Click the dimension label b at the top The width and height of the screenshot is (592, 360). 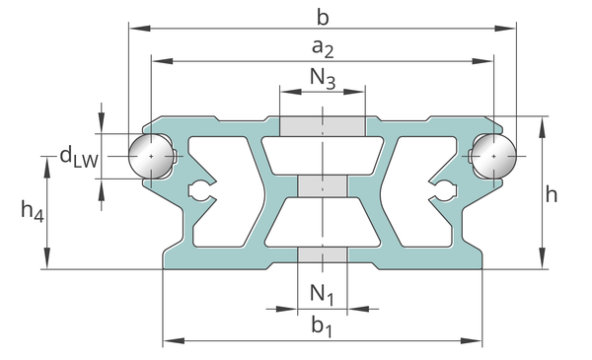tap(323, 18)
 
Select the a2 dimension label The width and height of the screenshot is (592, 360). tap(323, 48)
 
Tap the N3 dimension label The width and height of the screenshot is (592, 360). tap(323, 79)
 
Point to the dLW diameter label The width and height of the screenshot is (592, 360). tap(79, 158)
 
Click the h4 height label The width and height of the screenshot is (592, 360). tap(33, 211)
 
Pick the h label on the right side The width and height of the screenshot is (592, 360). tap(552, 194)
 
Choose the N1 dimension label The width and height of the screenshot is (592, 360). tap(322, 294)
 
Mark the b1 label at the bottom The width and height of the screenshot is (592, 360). tap(322, 325)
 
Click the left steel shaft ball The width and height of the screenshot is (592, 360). tap(151, 156)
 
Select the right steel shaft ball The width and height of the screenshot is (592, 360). tap(494, 156)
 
